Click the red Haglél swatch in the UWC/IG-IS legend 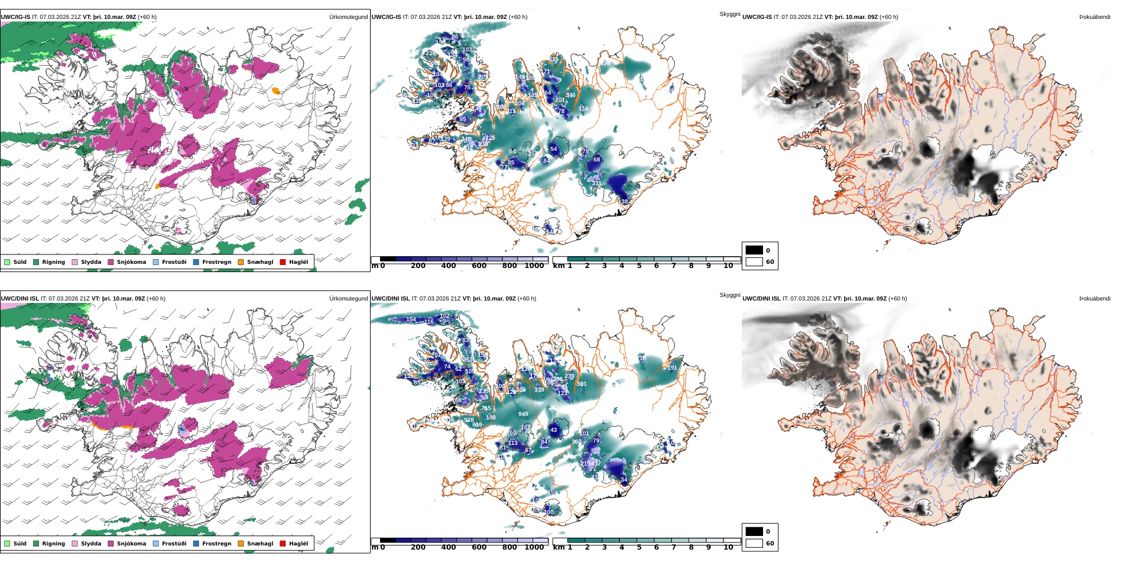pyautogui.click(x=283, y=262)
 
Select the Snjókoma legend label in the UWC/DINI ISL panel pyautogui.click(x=131, y=544)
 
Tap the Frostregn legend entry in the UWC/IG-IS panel pyautogui.click(x=216, y=262)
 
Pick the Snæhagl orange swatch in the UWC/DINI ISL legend pyautogui.click(x=241, y=544)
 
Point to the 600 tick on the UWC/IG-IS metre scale pyautogui.click(x=479, y=266)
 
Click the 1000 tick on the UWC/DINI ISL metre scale pyautogui.click(x=534, y=548)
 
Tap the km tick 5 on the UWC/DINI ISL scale pyautogui.click(x=639, y=548)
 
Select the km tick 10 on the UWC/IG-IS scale pyautogui.click(x=728, y=266)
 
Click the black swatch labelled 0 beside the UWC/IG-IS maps pyautogui.click(x=754, y=250)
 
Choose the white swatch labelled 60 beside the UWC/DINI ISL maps pyautogui.click(x=754, y=543)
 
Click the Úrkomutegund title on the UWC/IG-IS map pyautogui.click(x=348, y=17)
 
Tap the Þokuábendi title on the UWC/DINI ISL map pyautogui.click(x=1095, y=299)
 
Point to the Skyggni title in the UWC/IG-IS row pyautogui.click(x=729, y=14)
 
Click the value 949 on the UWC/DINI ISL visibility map pyautogui.click(x=523, y=414)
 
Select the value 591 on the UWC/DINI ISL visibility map pyautogui.click(x=582, y=385)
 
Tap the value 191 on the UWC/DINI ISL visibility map pyautogui.click(x=672, y=368)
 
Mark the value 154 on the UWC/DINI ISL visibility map pyautogui.click(x=411, y=319)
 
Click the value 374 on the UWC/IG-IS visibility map pyautogui.click(x=583, y=109)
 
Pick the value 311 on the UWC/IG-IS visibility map pyautogui.click(x=596, y=183)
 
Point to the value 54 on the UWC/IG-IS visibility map pyautogui.click(x=553, y=149)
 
